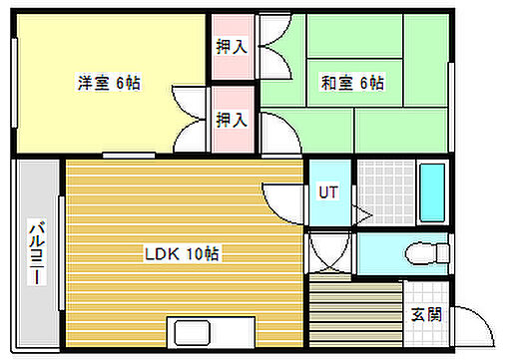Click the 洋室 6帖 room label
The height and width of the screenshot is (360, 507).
point(110,83)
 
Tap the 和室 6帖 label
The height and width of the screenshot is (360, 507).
point(352,83)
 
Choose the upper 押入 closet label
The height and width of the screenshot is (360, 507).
point(233,46)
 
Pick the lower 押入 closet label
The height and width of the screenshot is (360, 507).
point(233,120)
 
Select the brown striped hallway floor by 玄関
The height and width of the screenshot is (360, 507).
point(354,314)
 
